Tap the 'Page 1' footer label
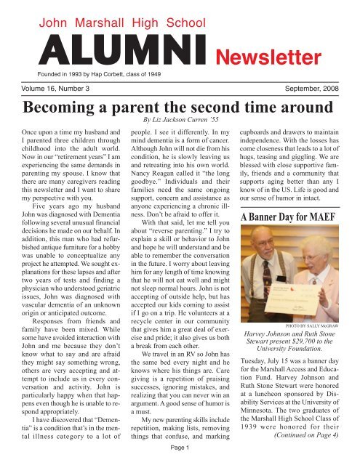(180, 458)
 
